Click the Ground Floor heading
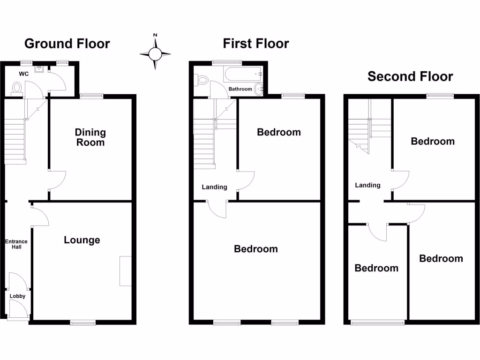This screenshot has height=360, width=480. (67, 44)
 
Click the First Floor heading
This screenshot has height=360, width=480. (255, 44)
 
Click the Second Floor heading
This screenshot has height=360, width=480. (410, 76)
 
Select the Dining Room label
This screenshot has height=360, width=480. (90, 137)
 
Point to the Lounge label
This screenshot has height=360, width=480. (82, 240)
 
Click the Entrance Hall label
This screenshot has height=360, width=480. (16, 244)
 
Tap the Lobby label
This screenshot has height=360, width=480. (18, 296)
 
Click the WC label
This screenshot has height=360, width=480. (24, 74)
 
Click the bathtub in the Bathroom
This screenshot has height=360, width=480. (243, 74)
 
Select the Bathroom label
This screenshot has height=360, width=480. (240, 89)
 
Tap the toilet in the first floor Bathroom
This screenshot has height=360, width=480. (202, 80)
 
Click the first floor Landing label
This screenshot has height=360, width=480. (214, 187)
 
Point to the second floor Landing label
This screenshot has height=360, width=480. (367, 185)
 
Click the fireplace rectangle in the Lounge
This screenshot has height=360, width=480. (126, 271)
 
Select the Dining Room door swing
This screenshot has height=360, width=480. (58, 180)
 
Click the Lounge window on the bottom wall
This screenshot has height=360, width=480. (83, 322)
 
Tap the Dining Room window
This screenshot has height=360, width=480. (91, 96)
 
